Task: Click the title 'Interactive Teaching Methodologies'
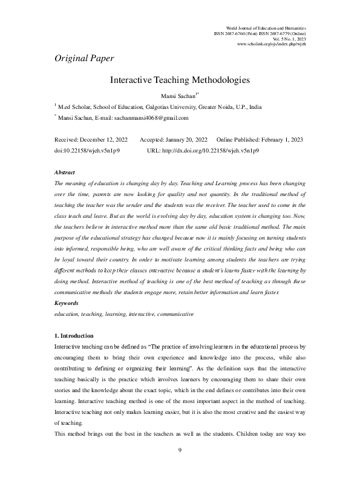180,80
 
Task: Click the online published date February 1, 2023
280,139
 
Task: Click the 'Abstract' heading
65,172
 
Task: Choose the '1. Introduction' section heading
74,336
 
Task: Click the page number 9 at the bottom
180,467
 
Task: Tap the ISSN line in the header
260,33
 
